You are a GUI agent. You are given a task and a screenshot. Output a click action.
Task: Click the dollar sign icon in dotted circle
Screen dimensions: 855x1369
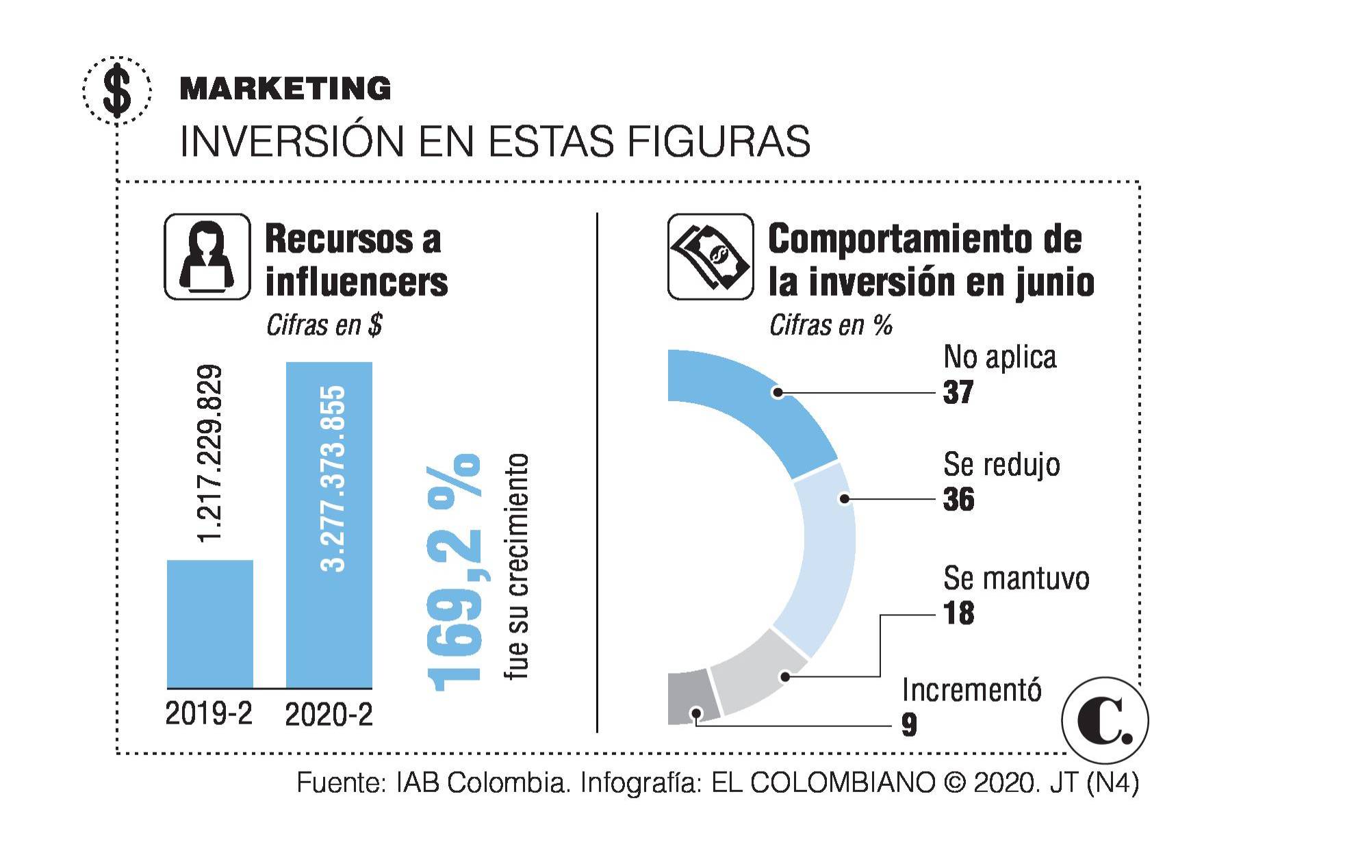(117, 90)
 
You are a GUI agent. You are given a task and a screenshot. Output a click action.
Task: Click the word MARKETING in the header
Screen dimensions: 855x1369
(285, 89)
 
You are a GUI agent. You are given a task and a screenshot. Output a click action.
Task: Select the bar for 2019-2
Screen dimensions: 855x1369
(210, 624)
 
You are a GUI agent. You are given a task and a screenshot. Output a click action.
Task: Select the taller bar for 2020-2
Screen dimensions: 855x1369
(329, 524)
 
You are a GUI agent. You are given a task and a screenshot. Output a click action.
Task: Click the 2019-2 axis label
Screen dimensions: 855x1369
(209, 714)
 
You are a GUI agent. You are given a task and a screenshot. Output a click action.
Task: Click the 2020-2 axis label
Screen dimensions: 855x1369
(329, 715)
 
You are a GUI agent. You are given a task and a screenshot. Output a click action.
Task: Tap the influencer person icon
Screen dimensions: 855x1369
(207, 257)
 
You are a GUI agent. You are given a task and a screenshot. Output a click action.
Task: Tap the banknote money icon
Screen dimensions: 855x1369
(710, 257)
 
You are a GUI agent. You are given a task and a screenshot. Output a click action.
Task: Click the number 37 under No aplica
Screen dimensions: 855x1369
(958, 392)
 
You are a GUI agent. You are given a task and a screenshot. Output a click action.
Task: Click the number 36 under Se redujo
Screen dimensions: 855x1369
(958, 500)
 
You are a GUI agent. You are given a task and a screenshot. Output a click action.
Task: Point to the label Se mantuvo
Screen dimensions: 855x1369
(1016, 578)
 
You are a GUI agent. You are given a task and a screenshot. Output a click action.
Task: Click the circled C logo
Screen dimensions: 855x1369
(1104, 721)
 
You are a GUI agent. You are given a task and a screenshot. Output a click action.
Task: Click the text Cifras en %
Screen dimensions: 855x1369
(830, 325)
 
